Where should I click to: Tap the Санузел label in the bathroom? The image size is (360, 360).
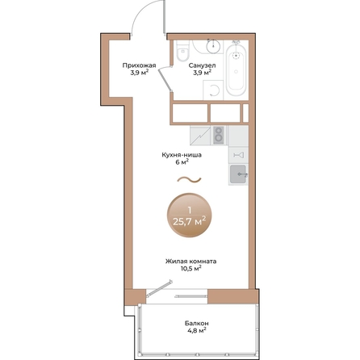(x=202, y=65)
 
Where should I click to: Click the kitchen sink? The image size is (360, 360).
(x=237, y=173)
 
